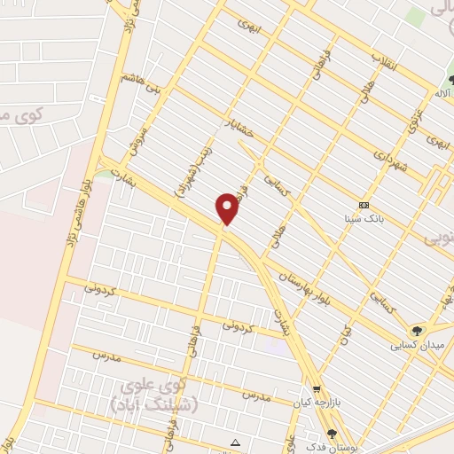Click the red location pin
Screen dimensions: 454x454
point(228,208)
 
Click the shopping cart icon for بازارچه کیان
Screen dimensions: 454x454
point(317,389)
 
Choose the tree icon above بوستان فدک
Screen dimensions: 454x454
point(332,434)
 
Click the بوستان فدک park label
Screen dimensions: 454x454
point(333,446)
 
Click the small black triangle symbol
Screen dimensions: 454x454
point(235,442)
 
